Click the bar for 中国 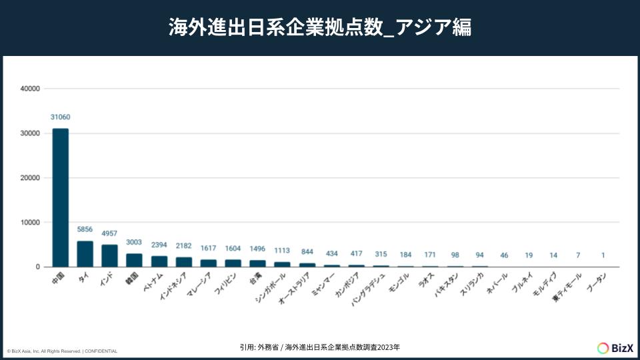click(x=61, y=197)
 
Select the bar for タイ click(x=85, y=254)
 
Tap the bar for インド click(x=109, y=256)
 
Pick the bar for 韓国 click(x=134, y=260)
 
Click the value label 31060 click(x=61, y=117)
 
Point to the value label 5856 click(x=85, y=229)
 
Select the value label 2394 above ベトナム click(x=159, y=244)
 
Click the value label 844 click(x=307, y=251)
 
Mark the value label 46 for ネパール click(x=504, y=255)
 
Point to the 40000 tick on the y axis click(x=31, y=89)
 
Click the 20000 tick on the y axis click(x=31, y=178)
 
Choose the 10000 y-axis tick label click(x=31, y=223)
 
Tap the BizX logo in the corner click(x=611, y=347)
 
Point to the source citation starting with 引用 click(x=320, y=347)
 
